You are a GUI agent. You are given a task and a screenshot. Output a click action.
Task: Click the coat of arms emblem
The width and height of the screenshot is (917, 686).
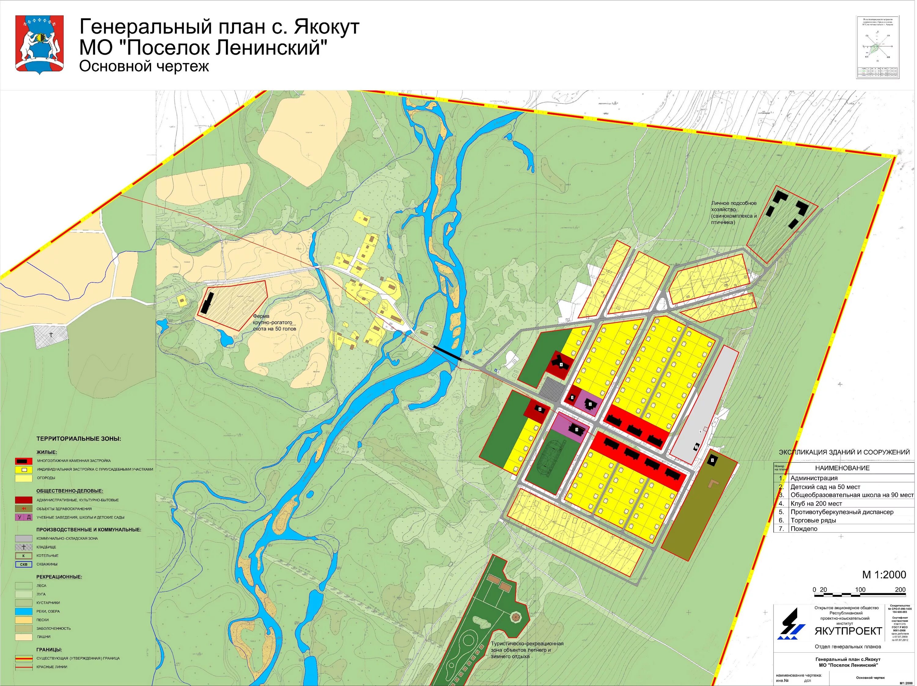39,45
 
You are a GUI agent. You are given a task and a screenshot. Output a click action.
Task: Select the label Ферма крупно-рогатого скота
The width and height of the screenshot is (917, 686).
274,322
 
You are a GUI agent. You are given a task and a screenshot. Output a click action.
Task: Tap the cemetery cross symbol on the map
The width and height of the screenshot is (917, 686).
51,334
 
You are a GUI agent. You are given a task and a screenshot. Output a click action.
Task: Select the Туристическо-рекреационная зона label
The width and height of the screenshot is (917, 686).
527,650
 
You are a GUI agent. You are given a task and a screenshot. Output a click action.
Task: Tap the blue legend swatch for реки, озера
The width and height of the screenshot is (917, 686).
24,611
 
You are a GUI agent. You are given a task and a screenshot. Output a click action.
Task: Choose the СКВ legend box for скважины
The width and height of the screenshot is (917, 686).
24,564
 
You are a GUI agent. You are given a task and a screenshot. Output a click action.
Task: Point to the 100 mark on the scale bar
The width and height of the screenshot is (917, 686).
860,590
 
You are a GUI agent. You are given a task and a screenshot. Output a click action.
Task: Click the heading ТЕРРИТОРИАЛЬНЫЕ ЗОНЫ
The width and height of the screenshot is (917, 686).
79,439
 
